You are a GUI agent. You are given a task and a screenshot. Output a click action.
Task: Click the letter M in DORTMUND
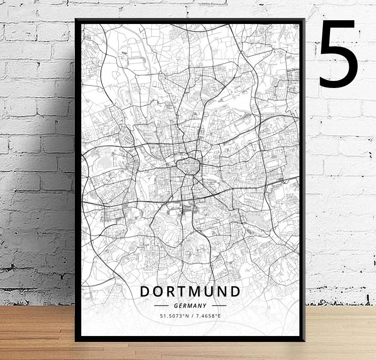pyautogui.click(x=199, y=291)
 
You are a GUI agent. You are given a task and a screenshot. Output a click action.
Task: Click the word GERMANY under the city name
pyautogui.click(x=190, y=305)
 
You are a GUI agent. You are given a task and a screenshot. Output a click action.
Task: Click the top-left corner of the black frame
pyautogui.click(x=76, y=20)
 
